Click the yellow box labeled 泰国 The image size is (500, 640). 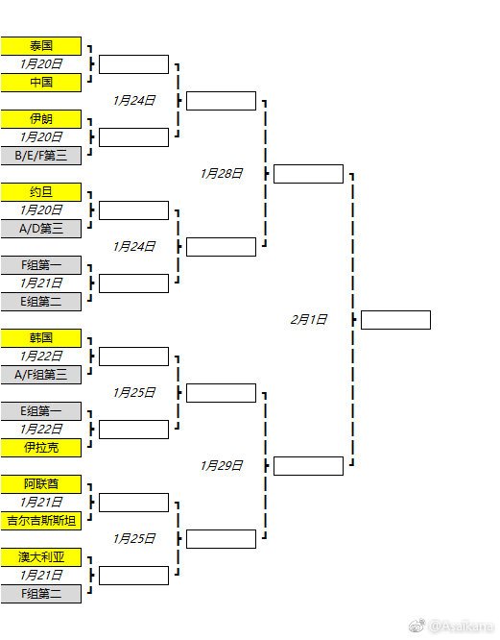click(40, 46)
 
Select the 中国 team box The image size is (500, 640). click(40, 83)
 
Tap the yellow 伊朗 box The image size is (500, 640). click(40, 119)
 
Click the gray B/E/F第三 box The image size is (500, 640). click(40, 156)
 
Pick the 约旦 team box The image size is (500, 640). click(40, 192)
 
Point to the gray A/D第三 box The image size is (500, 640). click(40, 229)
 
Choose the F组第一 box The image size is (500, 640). click(40, 265)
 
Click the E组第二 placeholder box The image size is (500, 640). click(40, 302)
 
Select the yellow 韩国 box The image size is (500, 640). click(40, 338)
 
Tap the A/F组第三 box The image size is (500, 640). click(40, 375)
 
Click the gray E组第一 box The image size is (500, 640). click(40, 411)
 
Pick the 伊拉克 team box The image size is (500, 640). click(40, 448)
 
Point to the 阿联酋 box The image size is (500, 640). click(40, 484)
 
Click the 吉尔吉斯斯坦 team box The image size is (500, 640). click(40, 521)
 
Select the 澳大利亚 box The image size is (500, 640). click(40, 557)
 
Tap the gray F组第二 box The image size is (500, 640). click(40, 594)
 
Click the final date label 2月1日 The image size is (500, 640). click(308, 320)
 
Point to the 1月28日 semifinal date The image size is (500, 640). click(222, 174)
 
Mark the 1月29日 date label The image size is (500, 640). click(222, 466)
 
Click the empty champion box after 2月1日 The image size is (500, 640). click(395, 320)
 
